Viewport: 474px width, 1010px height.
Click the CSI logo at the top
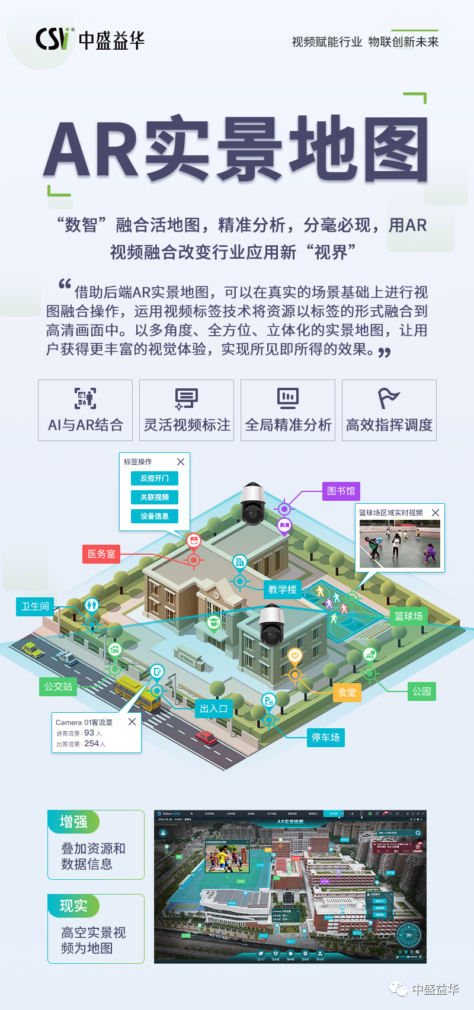55,40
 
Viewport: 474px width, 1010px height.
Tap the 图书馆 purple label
341,491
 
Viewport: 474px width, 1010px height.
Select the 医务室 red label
101,554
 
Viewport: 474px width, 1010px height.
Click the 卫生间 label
35,606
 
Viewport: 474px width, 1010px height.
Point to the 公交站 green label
58,686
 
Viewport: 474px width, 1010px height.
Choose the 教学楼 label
282,589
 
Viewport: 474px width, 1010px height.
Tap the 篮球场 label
408,616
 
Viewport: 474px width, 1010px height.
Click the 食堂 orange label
347,692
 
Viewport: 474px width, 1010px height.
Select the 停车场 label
325,737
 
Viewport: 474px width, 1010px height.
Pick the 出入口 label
213,708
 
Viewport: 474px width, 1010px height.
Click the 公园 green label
421,691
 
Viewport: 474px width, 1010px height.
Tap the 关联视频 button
155,497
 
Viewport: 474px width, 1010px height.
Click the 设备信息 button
155,516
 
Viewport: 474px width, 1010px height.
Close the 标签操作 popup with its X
181,462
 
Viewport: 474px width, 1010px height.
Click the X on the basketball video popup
435,513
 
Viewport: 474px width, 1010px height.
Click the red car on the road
206,738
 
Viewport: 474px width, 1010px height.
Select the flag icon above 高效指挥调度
389,398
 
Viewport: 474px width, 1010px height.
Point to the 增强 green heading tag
73,822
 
